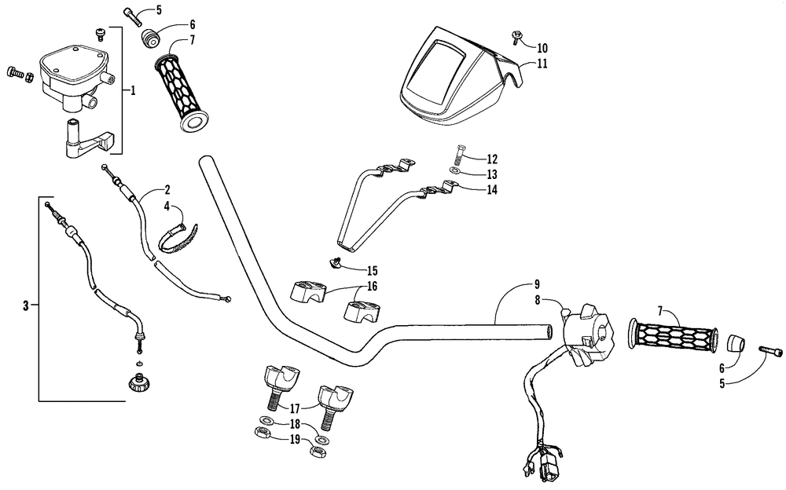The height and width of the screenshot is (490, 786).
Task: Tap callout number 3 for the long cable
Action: click(26, 305)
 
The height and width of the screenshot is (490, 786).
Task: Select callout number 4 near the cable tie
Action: click(166, 207)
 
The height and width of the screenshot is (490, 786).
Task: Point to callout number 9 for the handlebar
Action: click(537, 283)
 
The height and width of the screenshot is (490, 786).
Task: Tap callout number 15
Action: click(373, 270)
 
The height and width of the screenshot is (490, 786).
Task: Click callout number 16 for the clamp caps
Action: click(373, 287)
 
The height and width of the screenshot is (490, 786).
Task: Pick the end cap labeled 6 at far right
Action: click(735, 345)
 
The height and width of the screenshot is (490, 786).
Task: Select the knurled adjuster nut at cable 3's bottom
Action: click(140, 383)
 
